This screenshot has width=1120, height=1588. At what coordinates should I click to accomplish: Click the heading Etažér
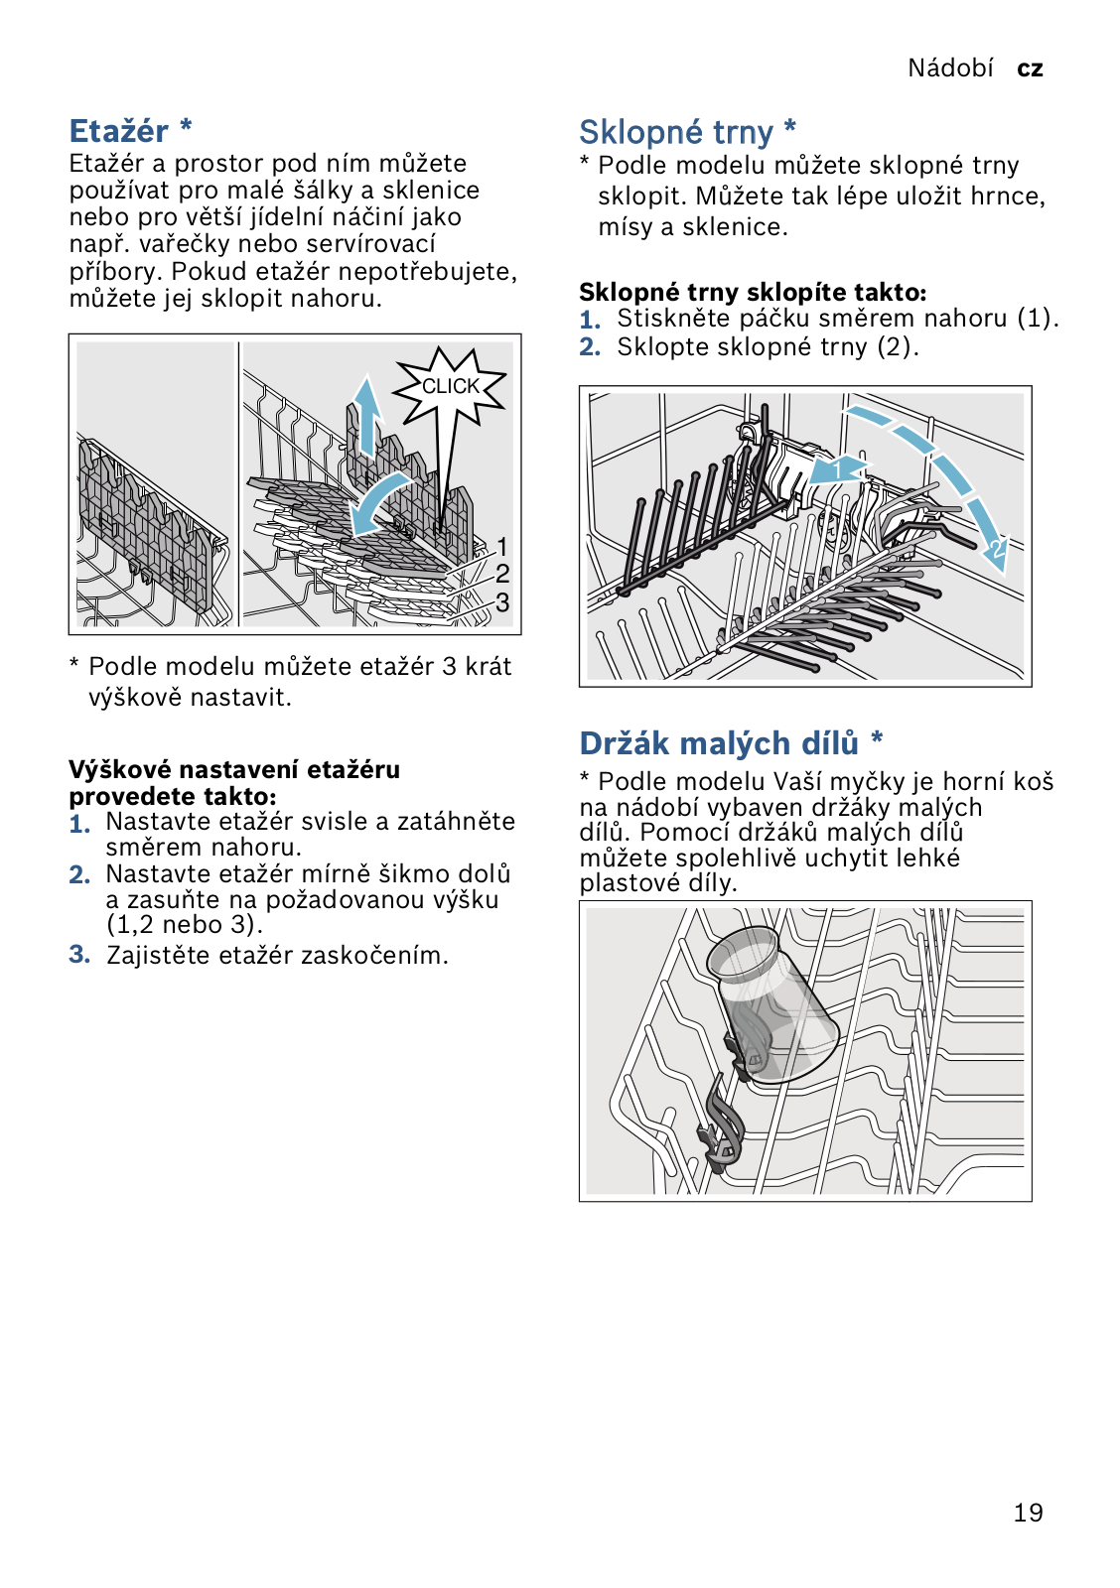[119, 131]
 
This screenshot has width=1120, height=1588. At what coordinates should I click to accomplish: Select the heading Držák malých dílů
[719, 743]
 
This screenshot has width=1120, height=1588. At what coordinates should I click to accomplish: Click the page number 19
[1028, 1513]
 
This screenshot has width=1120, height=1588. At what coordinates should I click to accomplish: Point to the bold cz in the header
[1030, 68]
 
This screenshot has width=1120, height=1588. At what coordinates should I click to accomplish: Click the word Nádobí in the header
[950, 67]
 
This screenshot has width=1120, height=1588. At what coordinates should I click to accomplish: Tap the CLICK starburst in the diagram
[451, 386]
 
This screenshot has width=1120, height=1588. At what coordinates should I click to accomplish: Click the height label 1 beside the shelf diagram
[502, 547]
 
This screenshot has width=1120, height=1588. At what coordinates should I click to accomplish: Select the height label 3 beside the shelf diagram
[502, 602]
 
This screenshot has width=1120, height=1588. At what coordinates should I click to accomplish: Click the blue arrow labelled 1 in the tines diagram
[836, 469]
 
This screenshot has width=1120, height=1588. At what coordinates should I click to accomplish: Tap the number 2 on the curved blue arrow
[996, 549]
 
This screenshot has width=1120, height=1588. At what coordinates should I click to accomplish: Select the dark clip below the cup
[723, 1122]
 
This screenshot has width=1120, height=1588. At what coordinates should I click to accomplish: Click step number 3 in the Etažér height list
[79, 955]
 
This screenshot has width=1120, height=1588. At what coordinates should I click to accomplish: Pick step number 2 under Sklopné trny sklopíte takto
[590, 347]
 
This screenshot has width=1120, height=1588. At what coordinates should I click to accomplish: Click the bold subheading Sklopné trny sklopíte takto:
[753, 292]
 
